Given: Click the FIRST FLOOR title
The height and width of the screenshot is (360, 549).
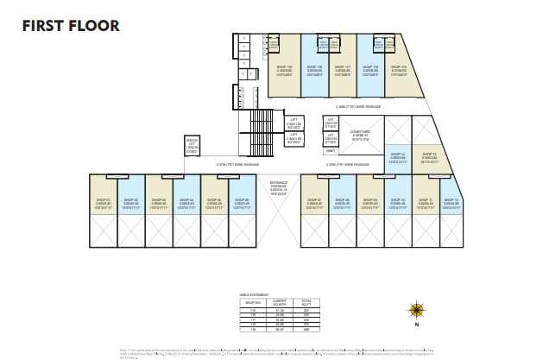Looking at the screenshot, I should click(x=71, y=26).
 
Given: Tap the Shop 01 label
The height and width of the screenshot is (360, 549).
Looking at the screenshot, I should click(x=102, y=199).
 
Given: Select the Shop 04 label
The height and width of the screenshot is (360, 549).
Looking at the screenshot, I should click(x=186, y=199).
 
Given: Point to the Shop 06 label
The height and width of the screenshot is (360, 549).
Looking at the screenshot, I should click(x=242, y=199).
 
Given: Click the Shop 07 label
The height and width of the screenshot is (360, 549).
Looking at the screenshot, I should click(x=315, y=199).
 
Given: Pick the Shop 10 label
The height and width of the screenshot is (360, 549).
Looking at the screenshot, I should click(x=398, y=199).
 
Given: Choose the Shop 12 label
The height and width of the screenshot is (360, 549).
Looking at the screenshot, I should click(x=452, y=199).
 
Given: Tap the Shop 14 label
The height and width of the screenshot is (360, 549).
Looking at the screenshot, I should click(x=398, y=155).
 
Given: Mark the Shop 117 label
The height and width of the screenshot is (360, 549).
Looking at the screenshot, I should click(x=342, y=66).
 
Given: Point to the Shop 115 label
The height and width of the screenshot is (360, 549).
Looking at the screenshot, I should click(x=398, y=66).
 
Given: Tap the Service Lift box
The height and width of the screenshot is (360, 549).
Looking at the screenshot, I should click(x=192, y=145).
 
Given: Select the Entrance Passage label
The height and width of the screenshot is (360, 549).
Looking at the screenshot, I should click(x=278, y=185).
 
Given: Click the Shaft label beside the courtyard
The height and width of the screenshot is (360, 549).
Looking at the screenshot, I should click(x=331, y=149).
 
